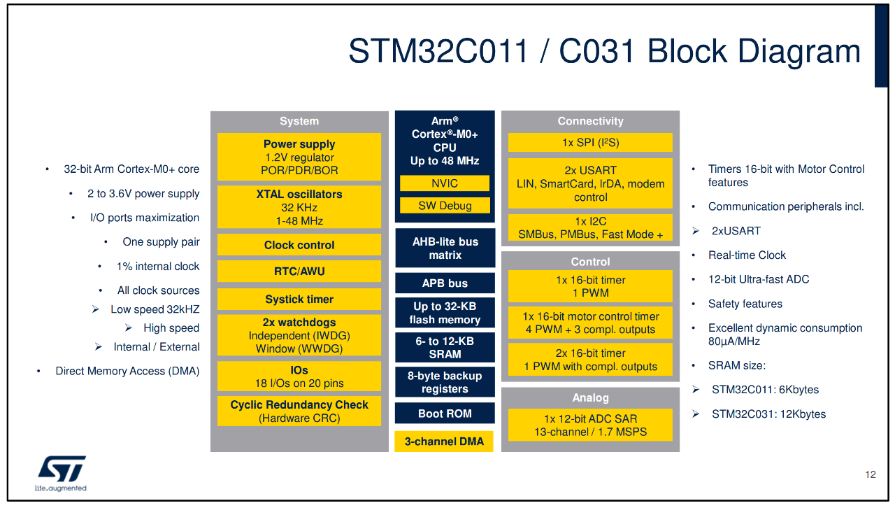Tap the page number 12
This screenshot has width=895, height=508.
tap(870, 475)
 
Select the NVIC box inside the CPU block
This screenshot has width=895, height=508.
tap(445, 183)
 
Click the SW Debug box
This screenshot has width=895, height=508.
tap(445, 206)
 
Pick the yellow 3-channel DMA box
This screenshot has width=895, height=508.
tap(444, 442)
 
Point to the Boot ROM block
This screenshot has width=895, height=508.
tap(445, 414)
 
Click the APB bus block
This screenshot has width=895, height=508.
tap(445, 283)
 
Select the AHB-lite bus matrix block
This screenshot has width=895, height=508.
tap(445, 248)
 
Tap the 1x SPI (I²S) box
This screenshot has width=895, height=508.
tap(590, 143)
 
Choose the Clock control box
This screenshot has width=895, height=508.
tap(299, 245)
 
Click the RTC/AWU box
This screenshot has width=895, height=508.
tap(299, 271)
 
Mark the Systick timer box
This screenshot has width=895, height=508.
tap(299, 299)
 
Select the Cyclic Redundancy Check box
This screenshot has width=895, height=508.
tap(299, 411)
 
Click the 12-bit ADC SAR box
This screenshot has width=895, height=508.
tap(590, 425)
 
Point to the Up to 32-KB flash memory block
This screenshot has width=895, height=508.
tap(445, 313)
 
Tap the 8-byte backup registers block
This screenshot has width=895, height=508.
tap(445, 382)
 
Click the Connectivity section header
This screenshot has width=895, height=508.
tap(590, 121)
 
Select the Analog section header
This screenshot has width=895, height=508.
tap(590, 397)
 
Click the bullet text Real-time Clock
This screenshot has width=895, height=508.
tap(747, 255)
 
